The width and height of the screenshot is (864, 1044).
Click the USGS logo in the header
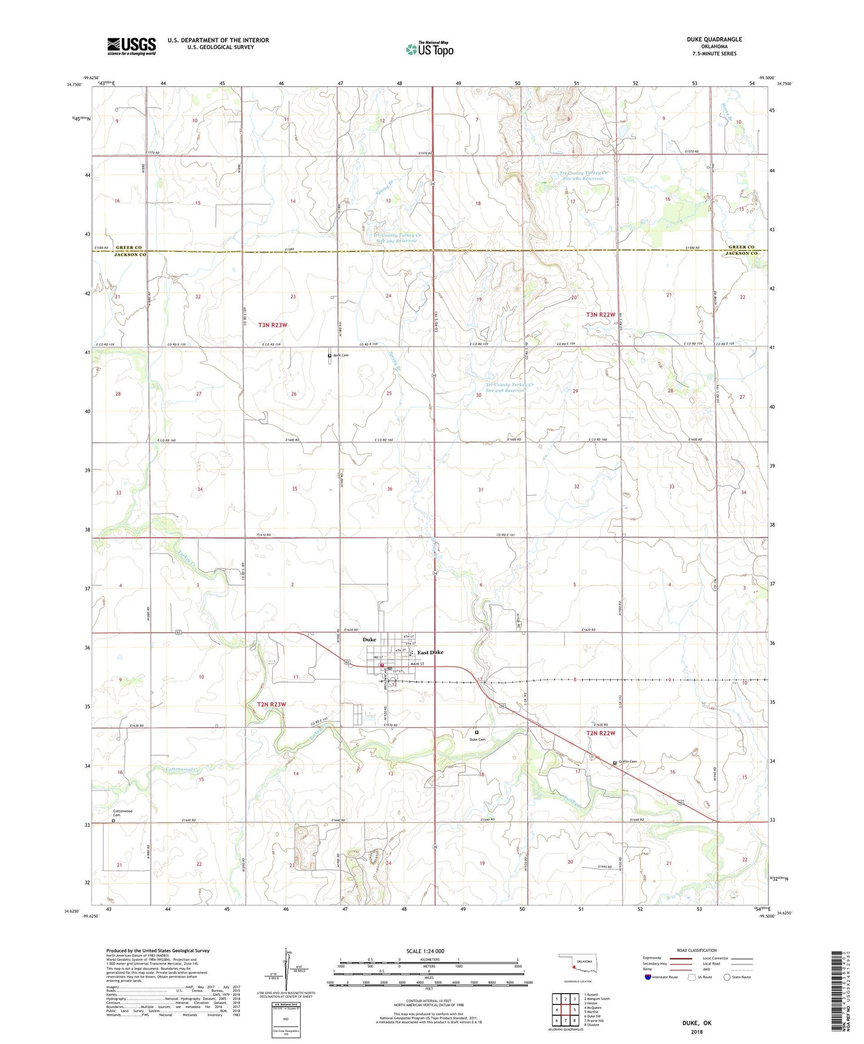(x=132, y=45)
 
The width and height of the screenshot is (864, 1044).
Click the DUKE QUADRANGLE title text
(x=714, y=39)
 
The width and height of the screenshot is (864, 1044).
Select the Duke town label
(x=369, y=640)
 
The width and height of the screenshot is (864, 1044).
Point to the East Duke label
(x=430, y=652)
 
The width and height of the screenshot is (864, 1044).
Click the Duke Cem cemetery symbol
(x=477, y=732)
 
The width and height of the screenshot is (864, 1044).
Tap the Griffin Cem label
(x=628, y=762)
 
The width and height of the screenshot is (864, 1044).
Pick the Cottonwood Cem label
(x=122, y=813)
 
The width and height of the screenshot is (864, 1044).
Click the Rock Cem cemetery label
(x=341, y=355)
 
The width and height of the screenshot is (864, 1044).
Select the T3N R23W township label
(x=273, y=325)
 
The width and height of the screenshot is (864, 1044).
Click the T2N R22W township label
(x=600, y=733)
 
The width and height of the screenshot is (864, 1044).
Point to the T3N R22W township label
(x=600, y=315)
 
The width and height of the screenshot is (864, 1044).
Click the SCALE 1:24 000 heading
(x=425, y=951)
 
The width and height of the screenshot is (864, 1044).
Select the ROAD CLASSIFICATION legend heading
(x=696, y=950)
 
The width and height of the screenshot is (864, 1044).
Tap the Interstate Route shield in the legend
(x=649, y=977)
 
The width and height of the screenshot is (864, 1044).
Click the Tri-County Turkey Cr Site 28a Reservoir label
(x=582, y=176)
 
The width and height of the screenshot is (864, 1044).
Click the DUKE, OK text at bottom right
(x=697, y=1023)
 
